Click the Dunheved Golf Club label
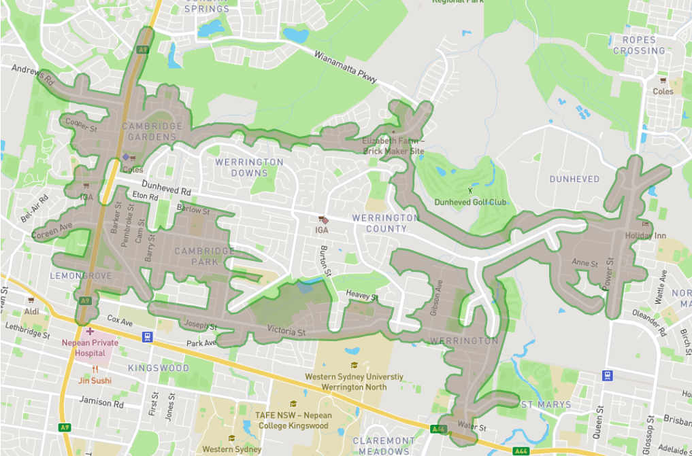coord(470,202)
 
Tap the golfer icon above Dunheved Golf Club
coord(469,191)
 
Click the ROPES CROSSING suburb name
coord(638,46)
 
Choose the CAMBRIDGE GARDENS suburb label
coord(152,131)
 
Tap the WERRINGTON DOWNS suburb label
coord(249,167)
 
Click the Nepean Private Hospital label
coord(90,347)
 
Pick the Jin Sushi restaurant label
coord(95,380)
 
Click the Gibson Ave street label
coord(437,299)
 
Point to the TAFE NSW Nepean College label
coord(292,420)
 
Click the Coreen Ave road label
coord(51,230)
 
